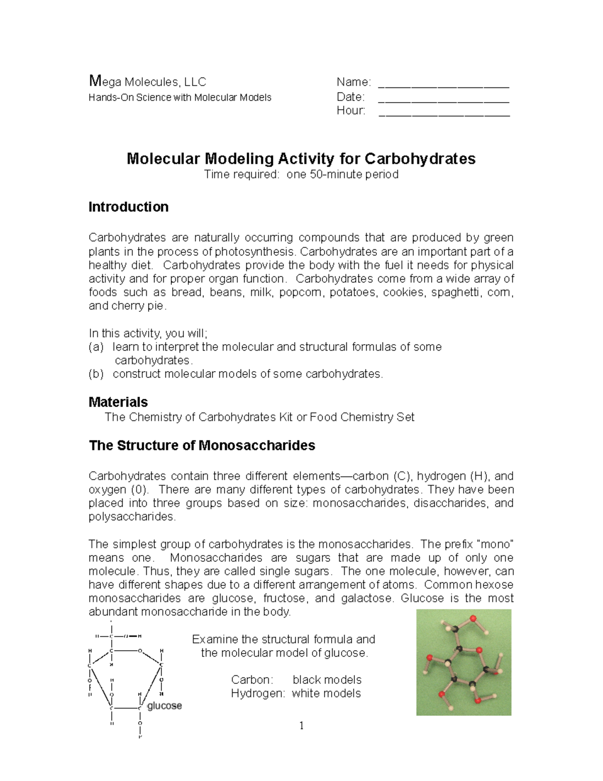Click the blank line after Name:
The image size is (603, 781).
(x=444, y=86)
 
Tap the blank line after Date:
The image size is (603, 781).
(x=444, y=101)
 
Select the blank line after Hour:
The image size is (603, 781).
(x=444, y=115)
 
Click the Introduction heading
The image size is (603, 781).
(x=128, y=207)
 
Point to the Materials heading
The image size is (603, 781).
(x=118, y=402)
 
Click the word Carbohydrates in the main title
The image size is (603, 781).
(x=420, y=159)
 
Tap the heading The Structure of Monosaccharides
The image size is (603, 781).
(x=202, y=446)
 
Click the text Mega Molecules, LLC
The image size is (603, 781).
(x=147, y=81)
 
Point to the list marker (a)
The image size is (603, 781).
(x=96, y=347)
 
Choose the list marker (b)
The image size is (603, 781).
(x=96, y=374)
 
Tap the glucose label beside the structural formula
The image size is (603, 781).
(x=164, y=706)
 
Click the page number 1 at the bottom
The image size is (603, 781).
(x=301, y=726)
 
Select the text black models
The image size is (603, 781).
(x=327, y=680)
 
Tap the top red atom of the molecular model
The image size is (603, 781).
(x=472, y=618)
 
